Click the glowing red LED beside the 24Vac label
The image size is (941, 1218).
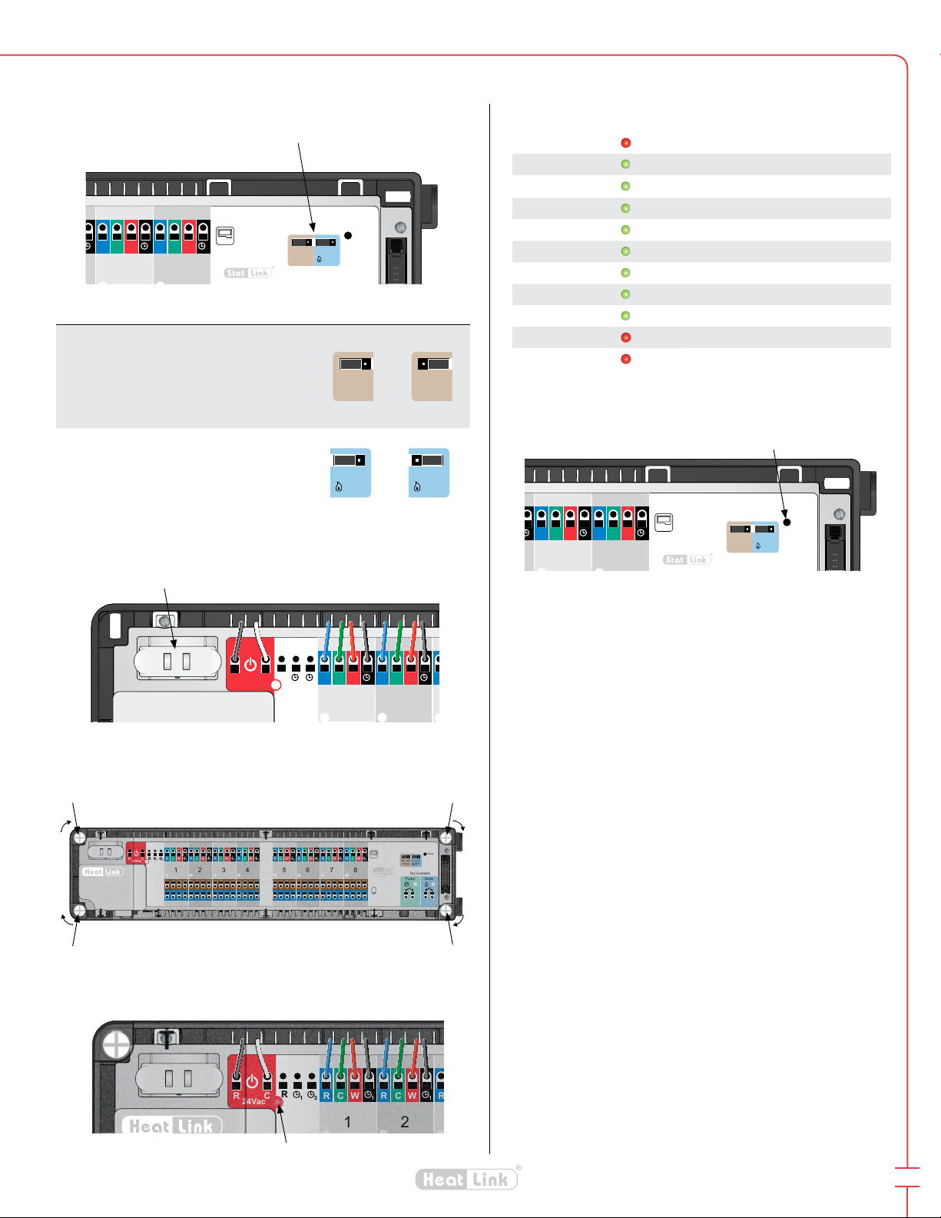tap(278, 1102)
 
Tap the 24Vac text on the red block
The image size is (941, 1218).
tap(253, 1101)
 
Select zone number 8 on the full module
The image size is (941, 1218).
tap(356, 870)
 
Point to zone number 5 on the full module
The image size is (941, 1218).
tap(284, 870)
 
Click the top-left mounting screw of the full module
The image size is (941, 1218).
tap(79, 837)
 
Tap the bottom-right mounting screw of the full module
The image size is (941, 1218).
tap(446, 911)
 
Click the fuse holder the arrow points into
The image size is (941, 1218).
tap(177, 661)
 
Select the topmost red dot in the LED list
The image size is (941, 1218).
tap(625, 143)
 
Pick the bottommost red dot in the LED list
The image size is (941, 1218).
tap(625, 359)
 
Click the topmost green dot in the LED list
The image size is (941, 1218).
tap(625, 164)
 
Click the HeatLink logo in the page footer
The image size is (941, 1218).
tap(467, 1180)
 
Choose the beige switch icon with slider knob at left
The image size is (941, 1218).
tap(432, 377)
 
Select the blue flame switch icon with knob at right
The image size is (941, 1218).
tap(350, 472)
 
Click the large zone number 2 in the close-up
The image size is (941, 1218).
tap(405, 1122)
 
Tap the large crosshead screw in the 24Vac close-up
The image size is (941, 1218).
tap(117, 1045)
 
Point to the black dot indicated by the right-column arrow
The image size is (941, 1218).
tap(787, 522)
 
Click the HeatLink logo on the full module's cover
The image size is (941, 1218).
tap(102, 871)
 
